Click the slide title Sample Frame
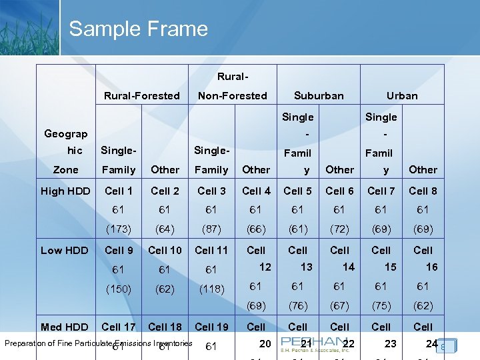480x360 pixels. (138, 29)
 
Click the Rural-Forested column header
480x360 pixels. (141, 95)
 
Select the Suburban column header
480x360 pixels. (319, 95)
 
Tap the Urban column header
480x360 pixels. (402, 95)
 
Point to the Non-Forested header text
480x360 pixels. (232, 95)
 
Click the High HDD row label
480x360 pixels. (65, 191)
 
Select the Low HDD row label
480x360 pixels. (64, 251)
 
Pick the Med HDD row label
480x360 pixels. (64, 327)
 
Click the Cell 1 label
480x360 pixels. (118, 191)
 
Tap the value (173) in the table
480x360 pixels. (118, 229)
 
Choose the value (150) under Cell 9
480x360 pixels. (118, 290)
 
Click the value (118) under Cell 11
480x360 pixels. (211, 290)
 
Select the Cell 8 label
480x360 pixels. (423, 191)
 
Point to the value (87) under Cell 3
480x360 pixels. (211, 229)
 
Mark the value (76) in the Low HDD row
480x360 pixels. (297, 306)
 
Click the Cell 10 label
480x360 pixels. (165, 251)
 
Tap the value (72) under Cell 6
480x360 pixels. (339, 229)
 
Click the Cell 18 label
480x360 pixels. (165, 327)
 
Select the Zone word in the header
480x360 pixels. (65, 170)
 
